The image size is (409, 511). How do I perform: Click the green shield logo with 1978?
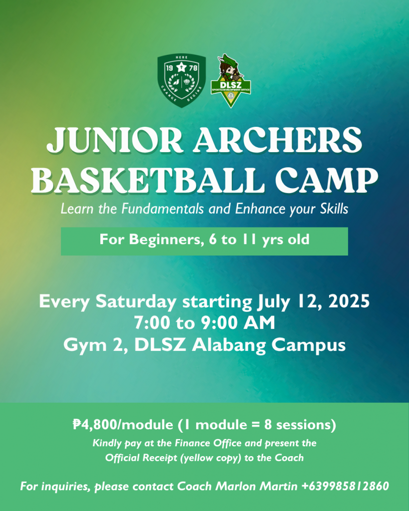point(181,80)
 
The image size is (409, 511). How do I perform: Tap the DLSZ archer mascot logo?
point(231,81)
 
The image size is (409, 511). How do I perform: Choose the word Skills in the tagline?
point(334,209)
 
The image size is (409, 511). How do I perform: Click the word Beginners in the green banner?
point(164,240)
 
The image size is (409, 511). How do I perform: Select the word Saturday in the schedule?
point(136,301)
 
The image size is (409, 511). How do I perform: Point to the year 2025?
point(349,301)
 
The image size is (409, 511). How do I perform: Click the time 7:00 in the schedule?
point(152,323)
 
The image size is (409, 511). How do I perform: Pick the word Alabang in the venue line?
point(229,345)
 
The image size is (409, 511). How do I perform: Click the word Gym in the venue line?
point(85,345)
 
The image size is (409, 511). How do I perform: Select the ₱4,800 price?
point(94,425)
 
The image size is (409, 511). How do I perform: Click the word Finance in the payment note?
point(193,443)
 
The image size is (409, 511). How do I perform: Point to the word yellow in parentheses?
point(197,458)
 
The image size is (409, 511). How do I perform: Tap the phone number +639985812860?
point(345,486)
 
